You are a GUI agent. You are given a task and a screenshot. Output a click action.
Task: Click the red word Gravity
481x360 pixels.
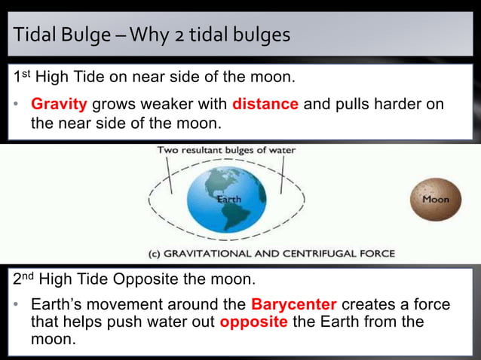point(59,104)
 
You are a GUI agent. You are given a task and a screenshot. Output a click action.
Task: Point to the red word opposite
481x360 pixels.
point(253,322)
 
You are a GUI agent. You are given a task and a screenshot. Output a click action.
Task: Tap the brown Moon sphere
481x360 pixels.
point(434,199)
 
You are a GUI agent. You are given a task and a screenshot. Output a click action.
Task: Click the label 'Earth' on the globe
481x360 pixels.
point(229,200)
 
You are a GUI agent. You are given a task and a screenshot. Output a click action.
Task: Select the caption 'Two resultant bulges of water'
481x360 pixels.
point(226,150)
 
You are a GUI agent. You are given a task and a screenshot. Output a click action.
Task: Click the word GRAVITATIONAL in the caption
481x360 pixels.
point(216,254)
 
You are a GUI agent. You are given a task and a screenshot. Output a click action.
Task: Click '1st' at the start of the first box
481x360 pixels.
point(23,77)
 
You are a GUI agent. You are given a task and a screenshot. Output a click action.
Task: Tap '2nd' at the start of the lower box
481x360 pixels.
point(25,279)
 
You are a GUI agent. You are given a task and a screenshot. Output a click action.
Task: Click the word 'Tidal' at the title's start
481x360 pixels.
point(35,35)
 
